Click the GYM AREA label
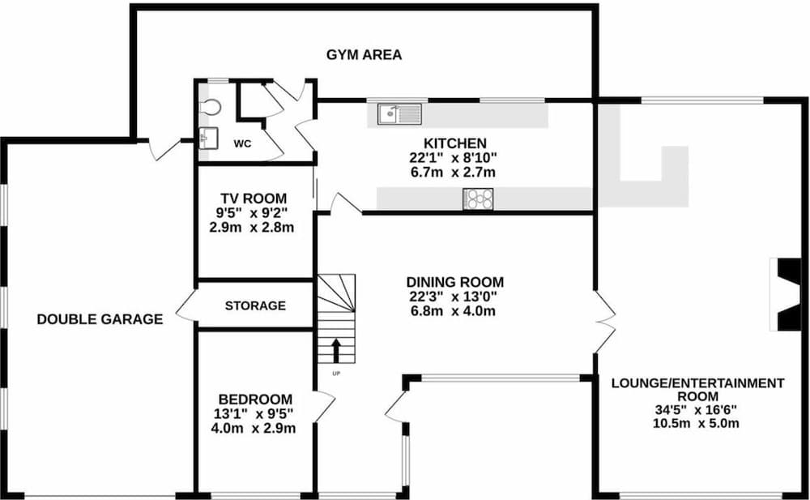click(364, 55)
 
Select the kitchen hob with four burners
click(478, 199)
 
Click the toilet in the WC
click(209, 107)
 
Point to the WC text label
click(243, 143)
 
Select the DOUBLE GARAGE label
click(100, 319)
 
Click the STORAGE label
click(255, 306)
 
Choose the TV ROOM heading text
click(254, 199)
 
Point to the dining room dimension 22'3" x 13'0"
click(454, 297)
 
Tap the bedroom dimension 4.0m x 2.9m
click(253, 428)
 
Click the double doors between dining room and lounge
click(603, 323)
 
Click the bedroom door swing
click(323, 406)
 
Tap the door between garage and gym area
click(165, 148)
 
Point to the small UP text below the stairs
click(335, 373)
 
